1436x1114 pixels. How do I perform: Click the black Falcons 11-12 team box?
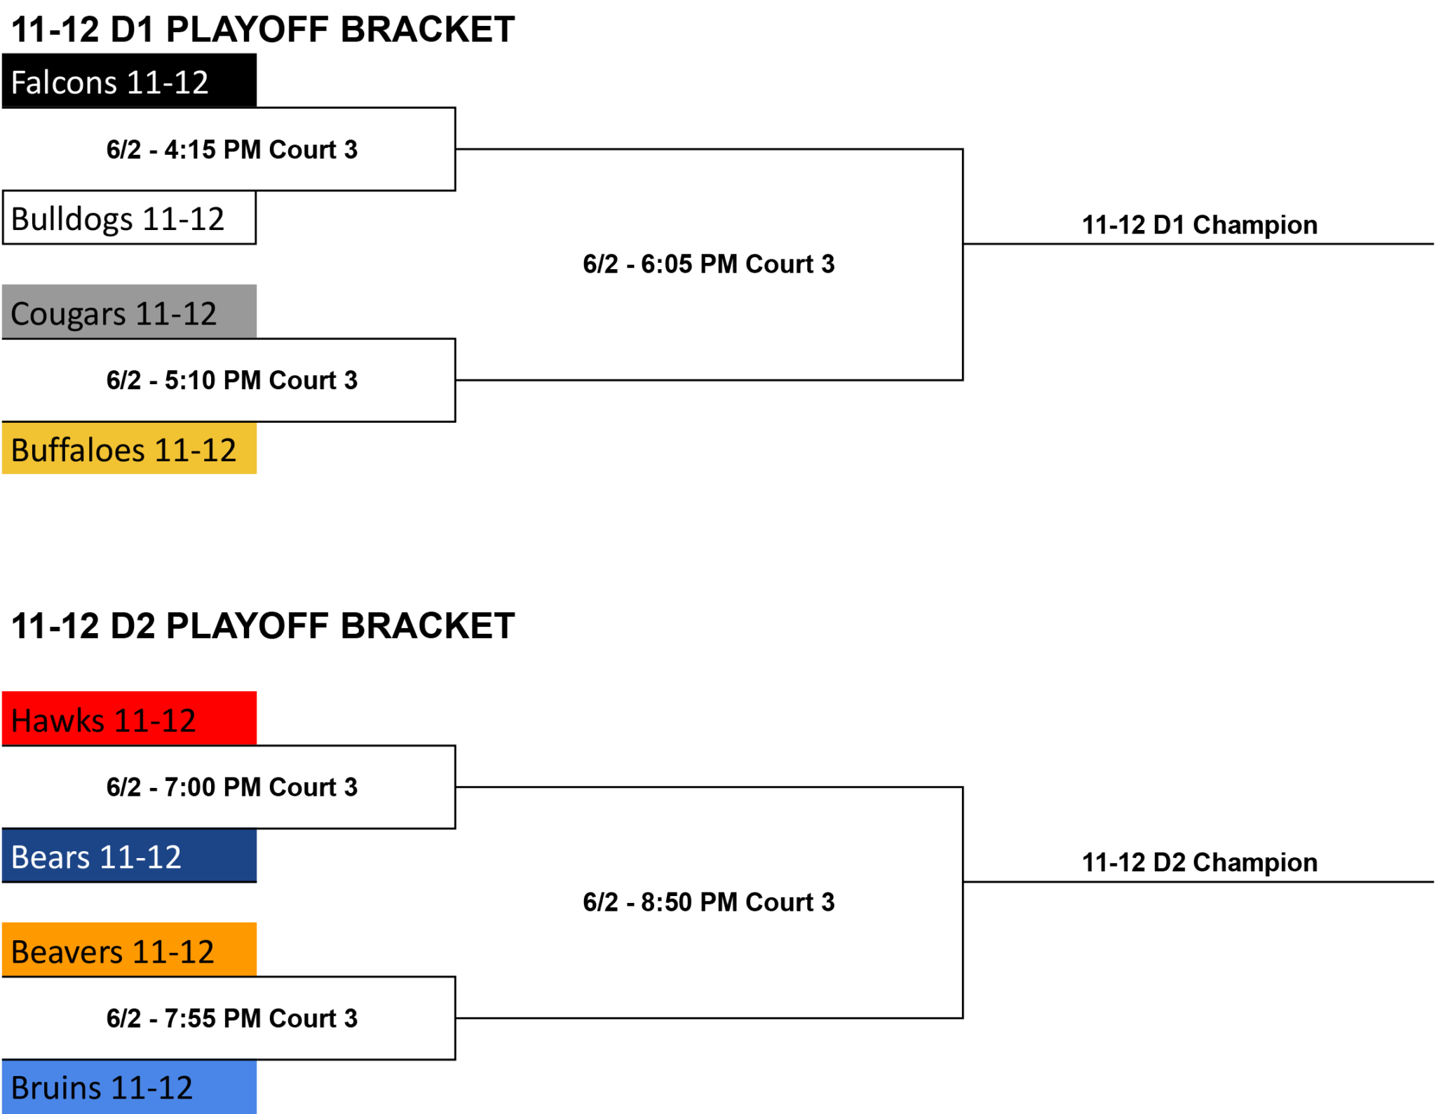[129, 81]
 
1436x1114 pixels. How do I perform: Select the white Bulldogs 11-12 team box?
[129, 217]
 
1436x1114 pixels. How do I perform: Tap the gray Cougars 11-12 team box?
[129, 312]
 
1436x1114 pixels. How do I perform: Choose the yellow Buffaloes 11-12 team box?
[129, 448]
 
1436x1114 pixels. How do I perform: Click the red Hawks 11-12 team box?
[129, 719]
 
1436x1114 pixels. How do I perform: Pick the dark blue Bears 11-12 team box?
[129, 855]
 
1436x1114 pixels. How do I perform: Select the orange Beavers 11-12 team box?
[129, 950]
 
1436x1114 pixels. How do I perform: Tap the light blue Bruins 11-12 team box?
[129, 1087]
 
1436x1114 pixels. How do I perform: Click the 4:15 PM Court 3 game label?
[232, 149]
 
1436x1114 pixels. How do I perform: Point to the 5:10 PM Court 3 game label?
[232, 380]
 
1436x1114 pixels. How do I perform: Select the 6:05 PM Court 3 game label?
[709, 264]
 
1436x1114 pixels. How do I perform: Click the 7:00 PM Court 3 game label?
[232, 787]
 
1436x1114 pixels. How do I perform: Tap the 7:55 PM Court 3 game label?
[232, 1018]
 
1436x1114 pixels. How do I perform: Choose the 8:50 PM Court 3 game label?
[709, 902]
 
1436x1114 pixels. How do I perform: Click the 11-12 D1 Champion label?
[1200, 225]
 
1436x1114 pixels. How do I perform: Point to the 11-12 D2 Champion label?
[1200, 862]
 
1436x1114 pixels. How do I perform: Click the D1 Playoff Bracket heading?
[263, 29]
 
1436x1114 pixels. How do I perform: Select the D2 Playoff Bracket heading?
[263, 625]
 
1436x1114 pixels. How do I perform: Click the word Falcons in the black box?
[65, 82]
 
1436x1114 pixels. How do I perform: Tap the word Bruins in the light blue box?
[57, 1088]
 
